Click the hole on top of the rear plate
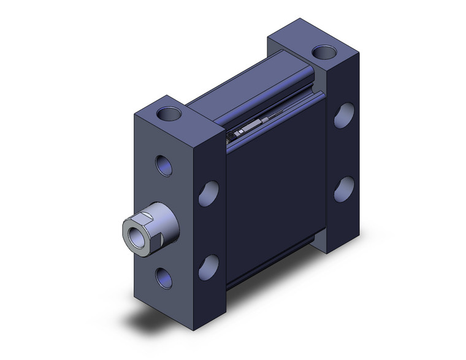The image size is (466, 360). click(x=321, y=52)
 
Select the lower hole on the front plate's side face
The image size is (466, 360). click(x=208, y=265)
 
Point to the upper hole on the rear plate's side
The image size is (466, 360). click(x=344, y=115)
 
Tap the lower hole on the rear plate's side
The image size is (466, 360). click(x=344, y=189)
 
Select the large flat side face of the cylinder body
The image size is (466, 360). click(x=276, y=196)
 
